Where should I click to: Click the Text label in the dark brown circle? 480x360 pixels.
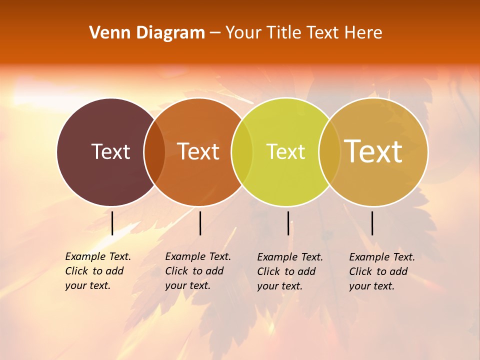point(110,151)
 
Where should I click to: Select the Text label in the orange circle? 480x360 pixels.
point(198,151)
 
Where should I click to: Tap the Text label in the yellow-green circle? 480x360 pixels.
point(285,151)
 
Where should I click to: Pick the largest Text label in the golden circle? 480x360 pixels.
point(373,151)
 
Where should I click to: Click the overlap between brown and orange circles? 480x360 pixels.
point(154,152)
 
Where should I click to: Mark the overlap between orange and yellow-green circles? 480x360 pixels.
point(242,152)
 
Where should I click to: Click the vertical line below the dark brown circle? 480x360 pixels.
point(112,223)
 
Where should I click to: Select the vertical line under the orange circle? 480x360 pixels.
point(200,223)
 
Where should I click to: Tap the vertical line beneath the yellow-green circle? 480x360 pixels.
point(288,223)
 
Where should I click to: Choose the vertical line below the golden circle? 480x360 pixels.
point(372,223)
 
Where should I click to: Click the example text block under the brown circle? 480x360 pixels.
point(98,271)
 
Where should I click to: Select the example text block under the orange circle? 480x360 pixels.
point(198,271)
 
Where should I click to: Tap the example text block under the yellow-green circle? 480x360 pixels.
point(290,271)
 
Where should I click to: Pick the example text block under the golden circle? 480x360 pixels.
point(382,271)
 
